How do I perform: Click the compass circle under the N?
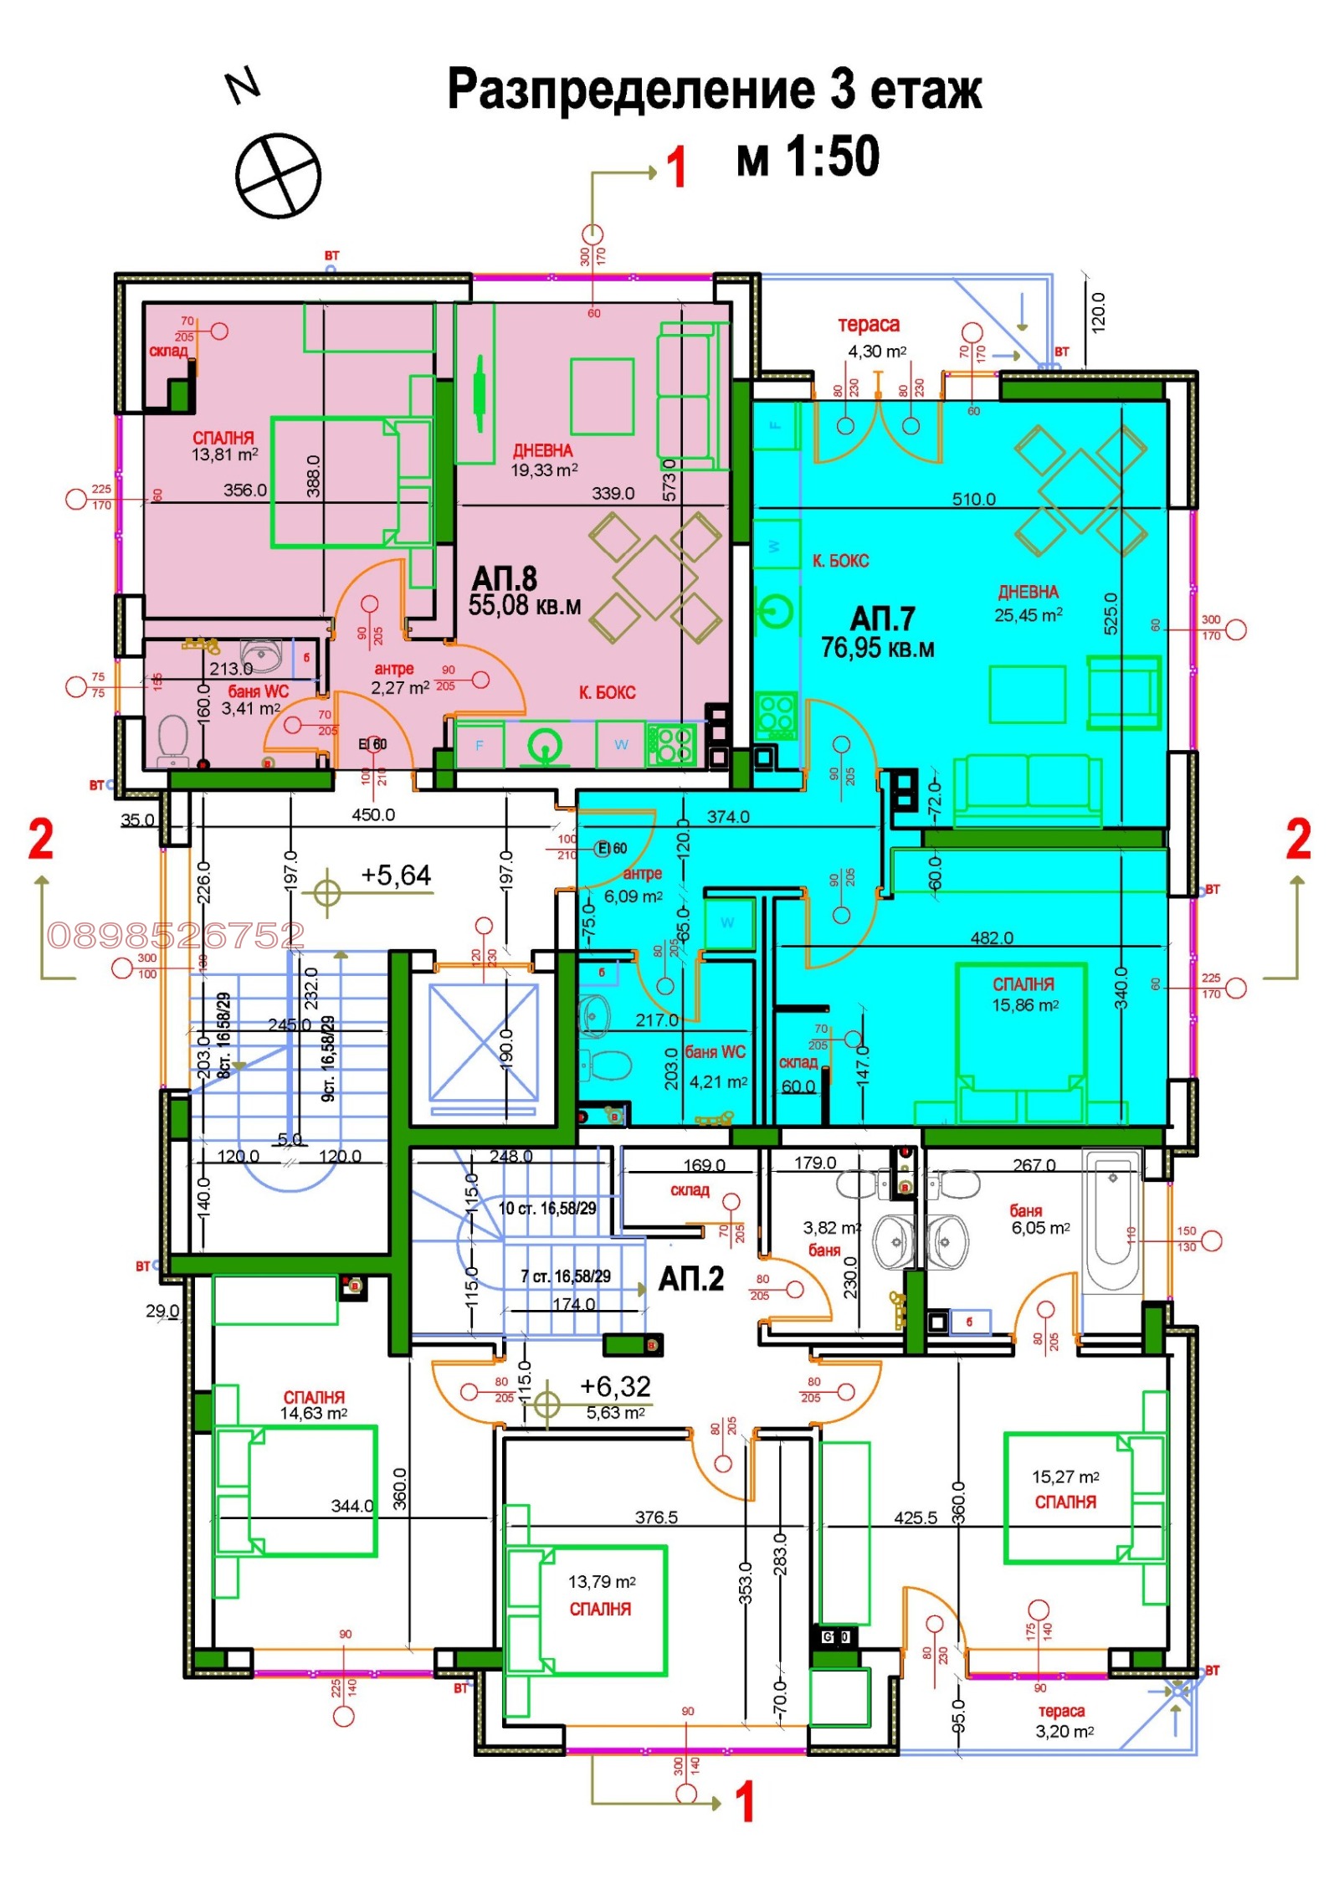pos(278,176)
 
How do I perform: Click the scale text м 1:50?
pos(808,157)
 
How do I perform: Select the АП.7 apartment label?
pos(882,619)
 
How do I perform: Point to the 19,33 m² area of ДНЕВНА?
pos(544,470)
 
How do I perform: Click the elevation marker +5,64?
pos(395,876)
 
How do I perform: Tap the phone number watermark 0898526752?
pos(176,935)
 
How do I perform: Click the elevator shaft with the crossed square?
pos(484,1042)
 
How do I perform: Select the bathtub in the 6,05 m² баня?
pos(1112,1221)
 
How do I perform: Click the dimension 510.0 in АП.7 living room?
pos(973,500)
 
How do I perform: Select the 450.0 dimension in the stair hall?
pos(373,814)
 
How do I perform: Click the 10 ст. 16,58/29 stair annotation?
pos(547,1209)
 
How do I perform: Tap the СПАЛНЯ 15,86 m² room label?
pos(1023,994)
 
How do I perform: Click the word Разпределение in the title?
pos(630,90)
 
